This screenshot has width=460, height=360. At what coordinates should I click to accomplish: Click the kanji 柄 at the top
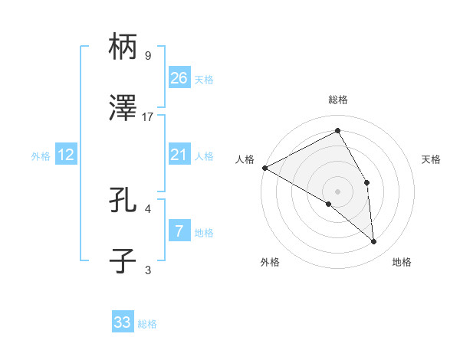(123, 47)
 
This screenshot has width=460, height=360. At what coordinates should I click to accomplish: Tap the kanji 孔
(123, 201)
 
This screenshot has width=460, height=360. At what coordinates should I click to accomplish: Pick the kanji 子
(123, 260)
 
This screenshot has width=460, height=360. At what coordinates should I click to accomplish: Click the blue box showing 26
(179, 77)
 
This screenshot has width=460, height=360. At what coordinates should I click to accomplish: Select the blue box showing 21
(179, 155)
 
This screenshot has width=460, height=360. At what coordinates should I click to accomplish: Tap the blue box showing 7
(179, 231)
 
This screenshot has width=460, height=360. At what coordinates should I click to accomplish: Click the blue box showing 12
(65, 155)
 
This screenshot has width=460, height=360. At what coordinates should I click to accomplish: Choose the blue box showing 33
(123, 322)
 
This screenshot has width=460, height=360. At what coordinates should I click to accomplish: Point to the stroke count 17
(148, 116)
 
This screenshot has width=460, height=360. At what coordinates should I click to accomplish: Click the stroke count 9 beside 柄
(148, 55)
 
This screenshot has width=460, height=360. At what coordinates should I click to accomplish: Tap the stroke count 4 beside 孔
(148, 208)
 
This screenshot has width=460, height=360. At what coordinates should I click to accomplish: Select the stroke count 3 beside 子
(148, 269)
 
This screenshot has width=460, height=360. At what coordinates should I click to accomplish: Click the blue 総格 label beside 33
(147, 324)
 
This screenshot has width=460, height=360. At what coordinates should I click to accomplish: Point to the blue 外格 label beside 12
(41, 155)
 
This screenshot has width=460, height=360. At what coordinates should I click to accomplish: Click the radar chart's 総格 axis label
(337, 100)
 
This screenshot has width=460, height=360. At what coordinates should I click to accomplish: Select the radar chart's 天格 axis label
(431, 159)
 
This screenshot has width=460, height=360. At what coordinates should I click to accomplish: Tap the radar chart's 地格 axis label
(401, 262)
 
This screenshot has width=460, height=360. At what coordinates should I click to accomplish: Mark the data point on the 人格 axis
(264, 167)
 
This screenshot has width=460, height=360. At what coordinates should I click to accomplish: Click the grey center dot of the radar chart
(337, 191)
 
